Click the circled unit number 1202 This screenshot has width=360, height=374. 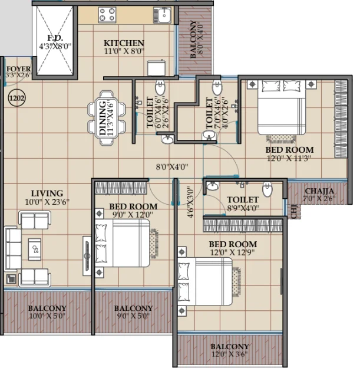pyautogui.click(x=17, y=98)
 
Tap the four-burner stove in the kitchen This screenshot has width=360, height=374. pyautogui.click(x=107, y=15)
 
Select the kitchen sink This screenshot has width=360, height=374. pyautogui.click(x=163, y=15)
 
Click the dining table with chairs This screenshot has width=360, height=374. pyautogui.click(x=106, y=118)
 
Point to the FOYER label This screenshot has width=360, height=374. pyautogui.click(x=18, y=69)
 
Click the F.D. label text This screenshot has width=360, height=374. pyautogui.click(x=55, y=38)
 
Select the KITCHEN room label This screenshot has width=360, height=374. pyautogui.click(x=124, y=43)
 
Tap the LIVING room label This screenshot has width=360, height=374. pyautogui.click(x=47, y=193)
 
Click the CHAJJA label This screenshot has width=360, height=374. pyautogui.click(x=319, y=191)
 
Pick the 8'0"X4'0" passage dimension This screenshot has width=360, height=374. pyautogui.click(x=172, y=167)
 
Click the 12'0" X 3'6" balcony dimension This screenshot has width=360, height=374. pyautogui.click(x=230, y=354)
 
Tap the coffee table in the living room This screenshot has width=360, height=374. pyautogui.click(x=35, y=250)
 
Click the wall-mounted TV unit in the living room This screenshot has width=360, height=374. pyautogui.click(x=87, y=256)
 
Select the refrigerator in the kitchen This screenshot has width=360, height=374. pyautogui.click(x=156, y=68)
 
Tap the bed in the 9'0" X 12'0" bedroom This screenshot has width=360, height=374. pyautogui.click(x=122, y=243)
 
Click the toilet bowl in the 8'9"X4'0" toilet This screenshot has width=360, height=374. pyautogui.click(x=267, y=189)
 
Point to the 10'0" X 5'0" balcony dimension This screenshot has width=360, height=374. pyautogui.click(x=47, y=316)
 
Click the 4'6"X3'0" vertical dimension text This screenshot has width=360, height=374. pyautogui.click(x=190, y=202)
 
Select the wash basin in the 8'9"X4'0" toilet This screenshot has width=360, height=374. pyautogui.click(x=213, y=186)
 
